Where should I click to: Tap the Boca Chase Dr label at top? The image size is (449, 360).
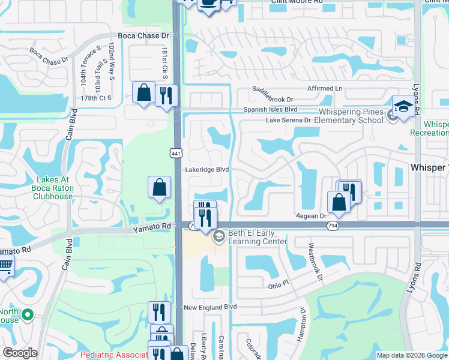click(x=144, y=36)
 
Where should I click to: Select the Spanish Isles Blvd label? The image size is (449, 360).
click(x=270, y=110)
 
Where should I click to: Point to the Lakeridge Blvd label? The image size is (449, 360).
click(x=206, y=170)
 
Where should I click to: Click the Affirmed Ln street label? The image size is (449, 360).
click(x=324, y=89)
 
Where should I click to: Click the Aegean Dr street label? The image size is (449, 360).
click(x=310, y=215)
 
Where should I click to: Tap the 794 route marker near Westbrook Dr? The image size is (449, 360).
click(x=333, y=226)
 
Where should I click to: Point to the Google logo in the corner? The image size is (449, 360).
click(x=20, y=353)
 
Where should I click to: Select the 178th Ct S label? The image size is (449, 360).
click(x=97, y=97)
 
